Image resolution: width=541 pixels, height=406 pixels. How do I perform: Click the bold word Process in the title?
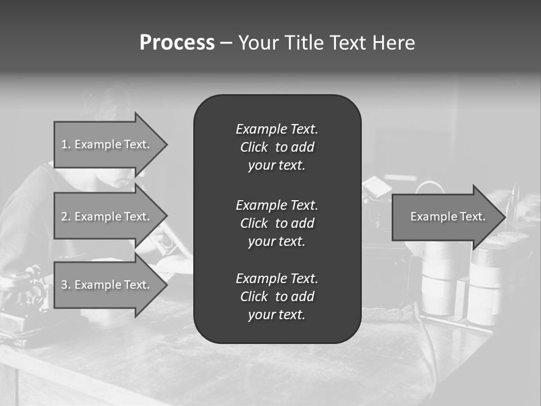tap(177, 43)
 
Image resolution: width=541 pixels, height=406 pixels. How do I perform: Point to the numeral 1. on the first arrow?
tap(65, 144)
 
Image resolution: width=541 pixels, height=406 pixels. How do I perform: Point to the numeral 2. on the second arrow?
tap(65, 217)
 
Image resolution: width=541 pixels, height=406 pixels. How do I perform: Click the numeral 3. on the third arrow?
tap(65, 285)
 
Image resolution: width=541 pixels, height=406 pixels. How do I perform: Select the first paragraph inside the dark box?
tap(277, 147)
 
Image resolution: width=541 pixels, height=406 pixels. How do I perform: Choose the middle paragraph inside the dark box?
tap(277, 223)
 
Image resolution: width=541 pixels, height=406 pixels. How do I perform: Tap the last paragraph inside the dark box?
tap(277, 297)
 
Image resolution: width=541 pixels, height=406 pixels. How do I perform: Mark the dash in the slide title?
tap(226, 43)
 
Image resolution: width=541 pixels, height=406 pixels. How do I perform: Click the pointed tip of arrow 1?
tap(167, 145)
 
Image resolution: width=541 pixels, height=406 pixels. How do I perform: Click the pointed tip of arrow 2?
tap(167, 217)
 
